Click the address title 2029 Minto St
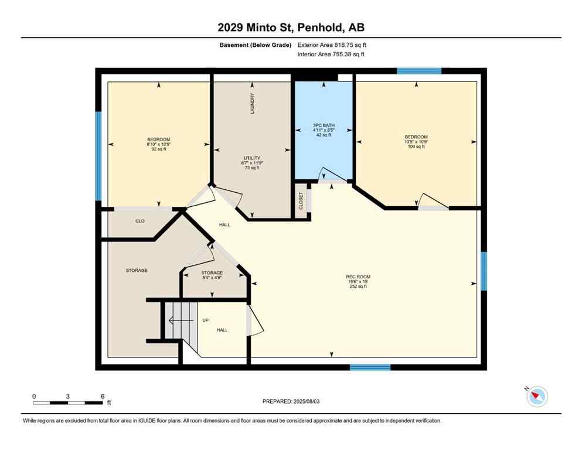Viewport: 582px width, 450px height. coord(291,27)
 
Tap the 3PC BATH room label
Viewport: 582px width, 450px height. coord(322,125)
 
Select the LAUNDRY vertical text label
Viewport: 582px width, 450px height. coord(253,104)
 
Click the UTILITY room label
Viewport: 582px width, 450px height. coord(252,158)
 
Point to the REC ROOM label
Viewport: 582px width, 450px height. coord(358,277)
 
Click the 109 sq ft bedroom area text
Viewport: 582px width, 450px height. coord(416,146)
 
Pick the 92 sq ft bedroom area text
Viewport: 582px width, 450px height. coord(159,149)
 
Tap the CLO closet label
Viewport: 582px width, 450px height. coord(140,221)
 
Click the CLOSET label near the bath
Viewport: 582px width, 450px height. coord(301,201)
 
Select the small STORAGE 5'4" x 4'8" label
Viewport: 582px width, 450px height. coord(212,273)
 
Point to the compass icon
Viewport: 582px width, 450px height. coord(537,397)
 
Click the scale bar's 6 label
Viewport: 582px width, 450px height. coord(103,397)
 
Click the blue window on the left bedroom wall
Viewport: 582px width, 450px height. coord(98,156)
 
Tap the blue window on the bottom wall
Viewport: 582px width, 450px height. coord(370,367)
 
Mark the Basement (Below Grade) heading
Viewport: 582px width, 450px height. coord(257,45)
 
